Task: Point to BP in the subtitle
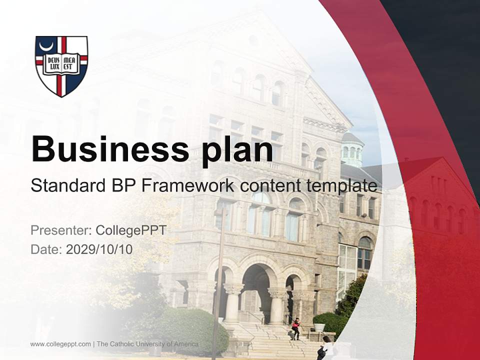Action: coord(121,186)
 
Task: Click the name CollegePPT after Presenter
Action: coord(130,230)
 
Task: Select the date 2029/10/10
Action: coord(99,249)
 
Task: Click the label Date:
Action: coord(46,249)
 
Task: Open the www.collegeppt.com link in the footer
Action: coord(60,344)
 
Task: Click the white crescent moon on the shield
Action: coord(48,47)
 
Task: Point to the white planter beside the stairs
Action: coord(318,327)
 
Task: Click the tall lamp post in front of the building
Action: coord(218,280)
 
